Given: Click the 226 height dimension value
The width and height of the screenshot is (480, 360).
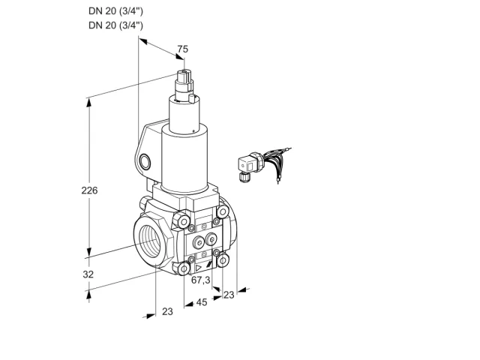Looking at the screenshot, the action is [x=89, y=190].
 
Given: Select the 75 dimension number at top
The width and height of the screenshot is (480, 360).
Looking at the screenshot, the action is [x=183, y=49].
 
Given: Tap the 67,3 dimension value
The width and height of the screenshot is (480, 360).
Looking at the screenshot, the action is [x=201, y=280].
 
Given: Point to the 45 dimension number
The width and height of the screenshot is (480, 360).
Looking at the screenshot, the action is [x=202, y=302].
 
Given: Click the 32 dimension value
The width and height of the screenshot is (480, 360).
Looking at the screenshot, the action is [x=88, y=274].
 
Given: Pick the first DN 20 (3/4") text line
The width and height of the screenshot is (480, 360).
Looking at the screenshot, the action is [x=115, y=11].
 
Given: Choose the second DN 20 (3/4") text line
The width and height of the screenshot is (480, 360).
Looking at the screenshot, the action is [x=115, y=25].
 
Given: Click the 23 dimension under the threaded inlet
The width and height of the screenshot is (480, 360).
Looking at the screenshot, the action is [x=167, y=311].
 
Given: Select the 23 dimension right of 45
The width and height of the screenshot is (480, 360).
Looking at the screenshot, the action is [x=229, y=295].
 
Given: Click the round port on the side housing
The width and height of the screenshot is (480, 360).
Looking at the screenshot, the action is [x=145, y=162].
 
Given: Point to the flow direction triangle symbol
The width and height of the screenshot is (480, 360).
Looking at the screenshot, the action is [x=198, y=268].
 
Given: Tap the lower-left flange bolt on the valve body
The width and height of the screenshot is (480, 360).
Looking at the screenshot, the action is [x=184, y=268].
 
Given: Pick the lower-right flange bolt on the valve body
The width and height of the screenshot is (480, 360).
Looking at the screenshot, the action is [x=223, y=260].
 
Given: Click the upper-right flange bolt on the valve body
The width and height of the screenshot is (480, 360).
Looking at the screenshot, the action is [x=223, y=211].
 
